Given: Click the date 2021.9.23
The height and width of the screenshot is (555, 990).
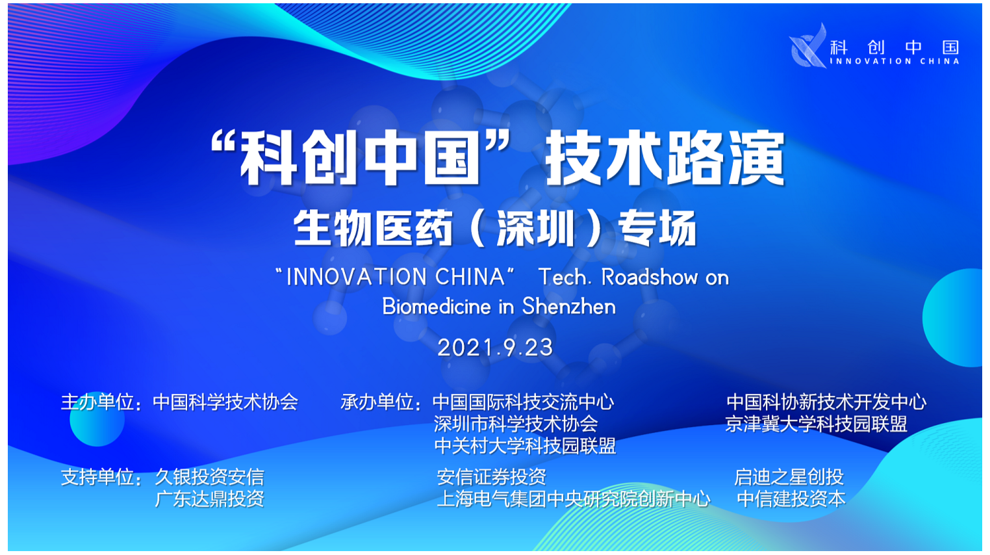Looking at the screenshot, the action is pyautogui.click(x=495, y=348).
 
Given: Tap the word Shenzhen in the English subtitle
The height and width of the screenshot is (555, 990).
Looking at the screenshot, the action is pyautogui.click(x=569, y=306).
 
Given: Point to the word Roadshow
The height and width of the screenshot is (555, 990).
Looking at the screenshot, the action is pyautogui.click(x=650, y=277).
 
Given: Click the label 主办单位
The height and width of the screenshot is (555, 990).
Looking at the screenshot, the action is pyautogui.click(x=97, y=402).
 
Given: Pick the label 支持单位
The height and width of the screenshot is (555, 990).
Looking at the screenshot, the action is pyautogui.click(x=97, y=477).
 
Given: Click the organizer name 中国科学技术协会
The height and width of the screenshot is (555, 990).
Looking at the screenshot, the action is pyautogui.click(x=225, y=402).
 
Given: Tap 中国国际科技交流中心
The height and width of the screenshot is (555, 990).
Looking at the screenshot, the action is pyautogui.click(x=524, y=402).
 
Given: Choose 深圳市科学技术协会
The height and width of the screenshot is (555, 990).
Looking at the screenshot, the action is pyautogui.click(x=515, y=424).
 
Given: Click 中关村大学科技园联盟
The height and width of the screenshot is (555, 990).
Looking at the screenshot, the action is pyautogui.click(x=525, y=445).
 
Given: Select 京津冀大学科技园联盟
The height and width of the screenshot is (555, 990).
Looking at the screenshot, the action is pyautogui.click(x=816, y=424).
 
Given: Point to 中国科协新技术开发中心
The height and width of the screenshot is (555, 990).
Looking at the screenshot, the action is pyautogui.click(x=826, y=402).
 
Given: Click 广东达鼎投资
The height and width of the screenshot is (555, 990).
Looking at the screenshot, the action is pyautogui.click(x=209, y=499).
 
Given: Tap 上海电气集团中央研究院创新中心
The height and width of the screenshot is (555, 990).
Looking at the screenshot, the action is pyautogui.click(x=573, y=499).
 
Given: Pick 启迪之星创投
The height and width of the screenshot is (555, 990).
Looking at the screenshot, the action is pyautogui.click(x=789, y=477).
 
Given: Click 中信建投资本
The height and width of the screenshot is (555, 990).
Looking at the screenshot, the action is pyautogui.click(x=791, y=499).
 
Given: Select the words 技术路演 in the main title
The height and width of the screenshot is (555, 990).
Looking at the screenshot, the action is pyautogui.click(x=665, y=158).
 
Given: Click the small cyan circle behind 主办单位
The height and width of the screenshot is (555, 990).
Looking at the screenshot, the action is pyautogui.click(x=97, y=419).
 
